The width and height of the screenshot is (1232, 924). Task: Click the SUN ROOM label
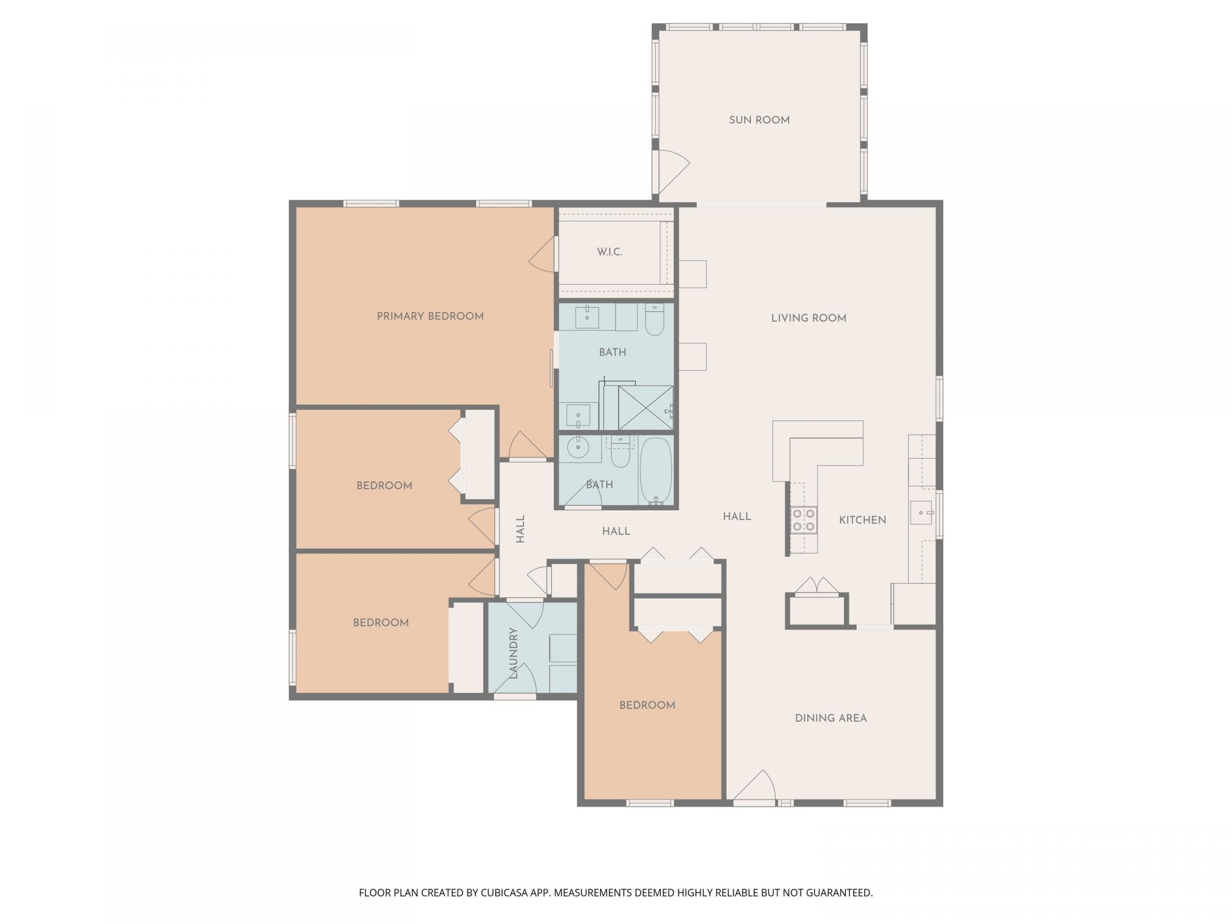pyautogui.click(x=759, y=120)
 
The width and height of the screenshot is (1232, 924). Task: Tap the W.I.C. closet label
pyautogui.click(x=609, y=252)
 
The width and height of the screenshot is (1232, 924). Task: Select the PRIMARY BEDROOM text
pyautogui.click(x=430, y=316)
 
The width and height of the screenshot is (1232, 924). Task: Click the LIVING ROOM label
pyautogui.click(x=809, y=318)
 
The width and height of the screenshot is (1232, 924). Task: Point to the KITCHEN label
pyautogui.click(x=862, y=520)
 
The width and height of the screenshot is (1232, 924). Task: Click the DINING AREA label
pyautogui.click(x=830, y=718)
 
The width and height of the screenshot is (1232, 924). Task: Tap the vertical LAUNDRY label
pyautogui.click(x=513, y=653)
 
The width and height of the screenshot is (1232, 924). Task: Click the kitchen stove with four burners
pyautogui.click(x=803, y=520)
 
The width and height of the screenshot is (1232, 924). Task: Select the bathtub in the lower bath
pyautogui.click(x=655, y=471)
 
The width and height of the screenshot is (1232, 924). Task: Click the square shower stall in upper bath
pyautogui.click(x=646, y=407)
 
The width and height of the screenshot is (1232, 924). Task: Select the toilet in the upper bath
pyautogui.click(x=654, y=321)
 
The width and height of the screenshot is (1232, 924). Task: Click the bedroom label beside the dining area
pyautogui.click(x=647, y=705)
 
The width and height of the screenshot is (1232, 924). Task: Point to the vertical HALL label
pyautogui.click(x=520, y=529)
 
